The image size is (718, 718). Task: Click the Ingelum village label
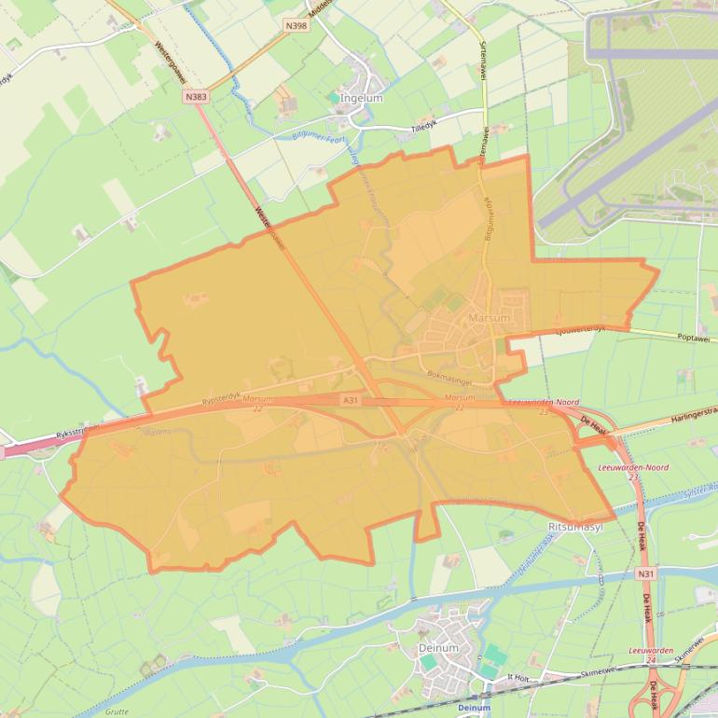point(363,98)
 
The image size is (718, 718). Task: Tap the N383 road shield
point(196,97)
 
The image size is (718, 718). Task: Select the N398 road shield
point(297,26)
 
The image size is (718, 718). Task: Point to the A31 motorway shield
point(350,400)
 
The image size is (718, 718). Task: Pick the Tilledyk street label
point(424,129)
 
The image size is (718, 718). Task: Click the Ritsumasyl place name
point(577,527)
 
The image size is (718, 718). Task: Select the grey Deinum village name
point(439,648)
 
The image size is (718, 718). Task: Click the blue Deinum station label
point(475,708)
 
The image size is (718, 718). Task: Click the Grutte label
point(117,711)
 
